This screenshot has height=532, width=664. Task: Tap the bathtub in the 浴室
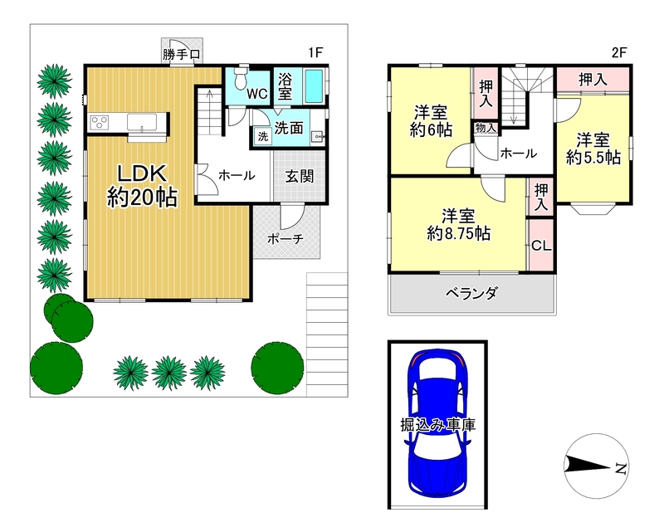[314, 86]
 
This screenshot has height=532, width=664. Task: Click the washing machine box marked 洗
[263, 137]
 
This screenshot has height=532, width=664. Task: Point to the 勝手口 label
[181, 55]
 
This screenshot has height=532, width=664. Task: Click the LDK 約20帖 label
[142, 186]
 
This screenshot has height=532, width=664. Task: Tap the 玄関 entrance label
[300, 176]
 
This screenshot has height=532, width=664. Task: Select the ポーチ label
[286, 239]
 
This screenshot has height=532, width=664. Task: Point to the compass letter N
[620, 468]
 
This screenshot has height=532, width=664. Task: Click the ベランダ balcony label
[471, 293]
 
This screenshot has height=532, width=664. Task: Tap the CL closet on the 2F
[541, 245]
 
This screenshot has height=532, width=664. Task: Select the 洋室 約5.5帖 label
[593, 149]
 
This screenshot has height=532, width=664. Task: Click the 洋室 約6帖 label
[431, 121]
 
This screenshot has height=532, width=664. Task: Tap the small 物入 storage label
[486, 128]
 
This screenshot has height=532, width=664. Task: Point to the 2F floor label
[618, 52]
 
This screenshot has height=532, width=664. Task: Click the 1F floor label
[315, 52]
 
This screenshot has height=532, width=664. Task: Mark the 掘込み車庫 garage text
[438, 424]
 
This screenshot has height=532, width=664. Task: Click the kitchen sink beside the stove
[142, 122]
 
